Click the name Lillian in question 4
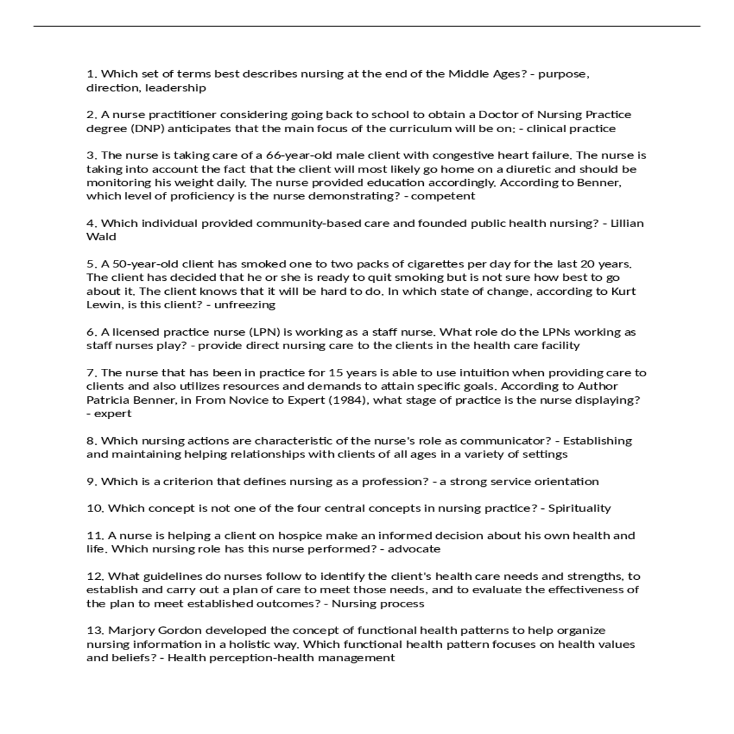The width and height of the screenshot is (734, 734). point(627,223)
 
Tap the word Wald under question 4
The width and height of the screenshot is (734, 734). point(101,237)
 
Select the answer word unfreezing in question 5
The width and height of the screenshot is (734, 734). point(245,305)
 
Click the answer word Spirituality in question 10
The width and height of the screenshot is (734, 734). point(579,508)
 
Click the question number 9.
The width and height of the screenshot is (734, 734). point(92,481)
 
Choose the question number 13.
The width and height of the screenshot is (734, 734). point(95,631)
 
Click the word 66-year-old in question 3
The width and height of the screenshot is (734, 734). point(298,155)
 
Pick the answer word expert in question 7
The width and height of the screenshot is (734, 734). point(113,413)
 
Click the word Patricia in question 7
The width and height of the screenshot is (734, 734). point(108,400)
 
